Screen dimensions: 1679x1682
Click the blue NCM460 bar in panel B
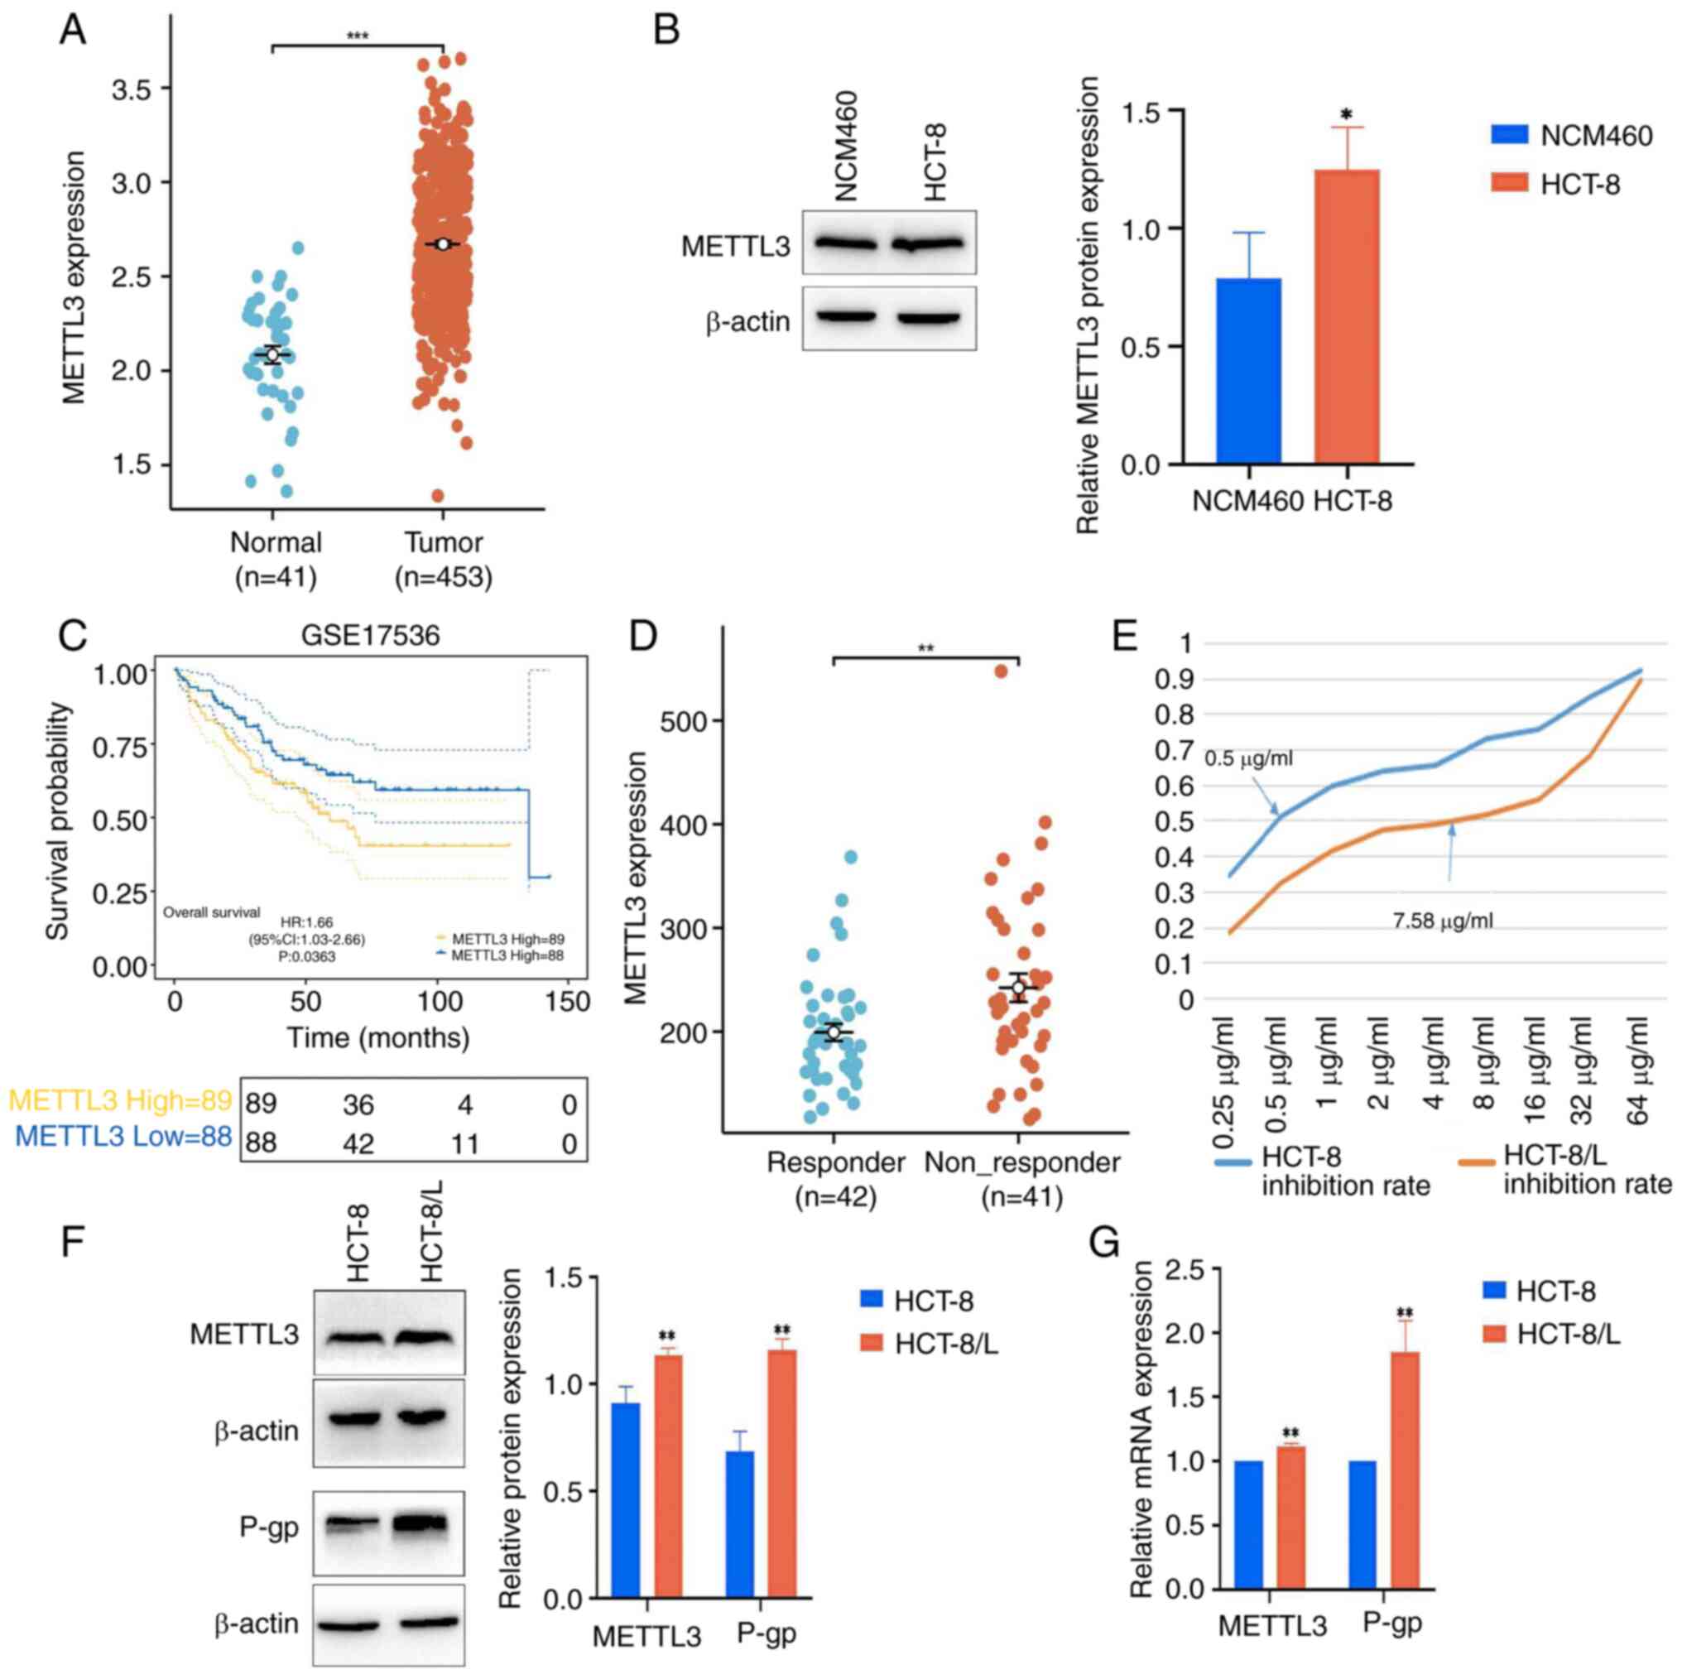pos(1248,371)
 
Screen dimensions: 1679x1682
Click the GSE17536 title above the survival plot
pos(370,636)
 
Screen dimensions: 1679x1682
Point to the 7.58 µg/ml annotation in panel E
pos(1442,921)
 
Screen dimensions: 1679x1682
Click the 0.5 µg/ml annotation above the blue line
pos(1247,758)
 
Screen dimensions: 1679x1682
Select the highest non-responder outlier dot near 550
pos(1002,671)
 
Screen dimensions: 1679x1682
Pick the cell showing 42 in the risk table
pos(358,1143)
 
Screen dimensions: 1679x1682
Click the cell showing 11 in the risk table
pos(465,1143)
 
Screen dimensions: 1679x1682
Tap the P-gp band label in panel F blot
pos(269,1527)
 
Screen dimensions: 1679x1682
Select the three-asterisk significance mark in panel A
pos(358,36)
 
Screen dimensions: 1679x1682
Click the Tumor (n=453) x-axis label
pos(443,559)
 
